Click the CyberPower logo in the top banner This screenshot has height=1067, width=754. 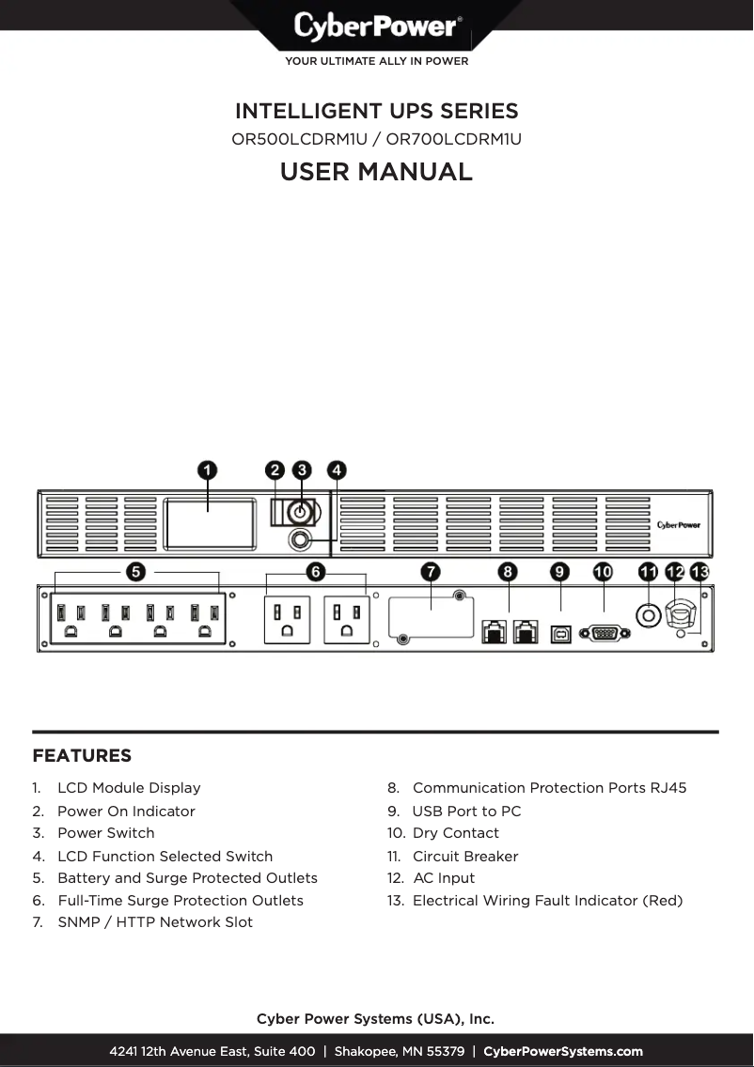point(376,25)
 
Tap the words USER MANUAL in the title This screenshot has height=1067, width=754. point(376,172)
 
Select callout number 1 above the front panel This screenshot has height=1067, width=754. point(208,470)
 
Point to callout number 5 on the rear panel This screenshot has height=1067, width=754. point(136,571)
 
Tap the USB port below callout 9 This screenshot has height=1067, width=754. point(560,634)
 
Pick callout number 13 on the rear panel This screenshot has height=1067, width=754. point(699,571)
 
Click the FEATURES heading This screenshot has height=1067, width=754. point(82,756)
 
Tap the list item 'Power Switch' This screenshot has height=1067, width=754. point(105,833)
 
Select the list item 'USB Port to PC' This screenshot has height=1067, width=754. point(466,812)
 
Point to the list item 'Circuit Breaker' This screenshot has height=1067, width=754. point(465,857)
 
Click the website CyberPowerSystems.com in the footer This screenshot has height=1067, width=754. point(563,1052)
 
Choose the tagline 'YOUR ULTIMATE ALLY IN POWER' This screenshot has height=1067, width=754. point(376,62)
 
